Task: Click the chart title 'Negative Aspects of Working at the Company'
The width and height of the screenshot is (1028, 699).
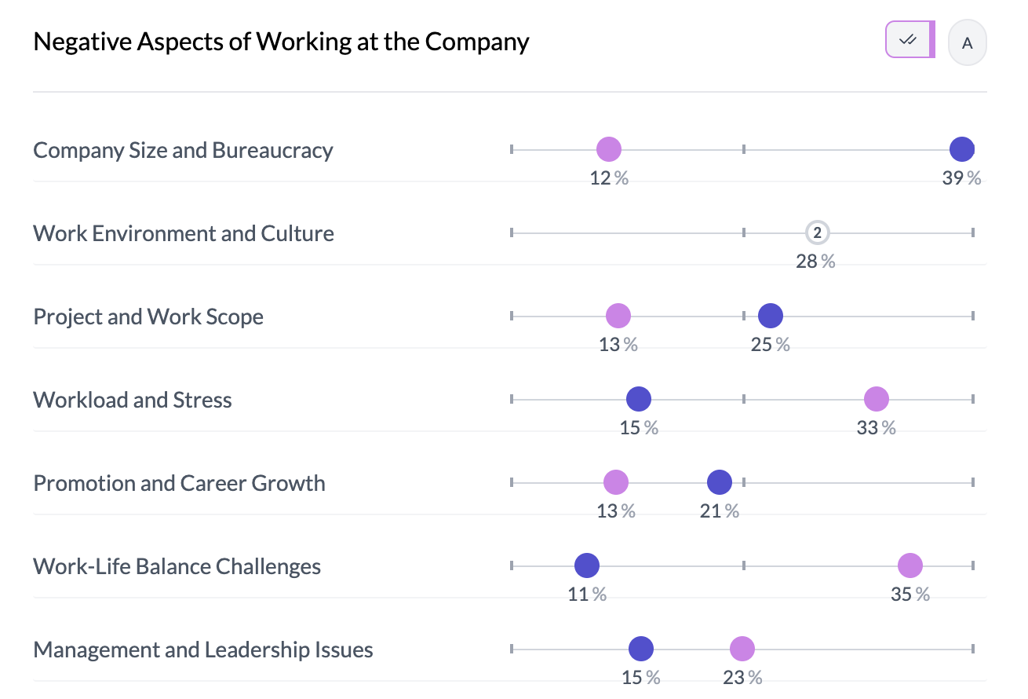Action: (x=281, y=42)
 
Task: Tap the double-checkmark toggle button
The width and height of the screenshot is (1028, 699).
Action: (x=909, y=40)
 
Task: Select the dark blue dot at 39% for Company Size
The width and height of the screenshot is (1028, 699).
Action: (x=961, y=149)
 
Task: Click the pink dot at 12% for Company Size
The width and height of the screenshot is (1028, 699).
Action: (x=608, y=149)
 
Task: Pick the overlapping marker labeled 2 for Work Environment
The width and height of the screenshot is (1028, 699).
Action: (x=817, y=232)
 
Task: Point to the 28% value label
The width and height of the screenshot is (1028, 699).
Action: (x=815, y=262)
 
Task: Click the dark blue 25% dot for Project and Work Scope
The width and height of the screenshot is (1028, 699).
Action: (x=771, y=316)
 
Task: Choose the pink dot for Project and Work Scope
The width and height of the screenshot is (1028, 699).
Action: (x=618, y=316)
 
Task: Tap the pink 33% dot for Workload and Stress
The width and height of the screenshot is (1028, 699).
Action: (x=876, y=399)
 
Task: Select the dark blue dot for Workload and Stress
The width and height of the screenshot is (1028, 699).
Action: (x=639, y=399)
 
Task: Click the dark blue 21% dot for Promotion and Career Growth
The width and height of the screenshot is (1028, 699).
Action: (x=719, y=482)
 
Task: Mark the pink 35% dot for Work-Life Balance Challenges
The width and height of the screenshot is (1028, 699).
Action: (x=910, y=565)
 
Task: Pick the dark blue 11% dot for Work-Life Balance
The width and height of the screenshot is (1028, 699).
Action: (x=586, y=565)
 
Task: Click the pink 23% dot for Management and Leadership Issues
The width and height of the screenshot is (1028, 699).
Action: (x=742, y=649)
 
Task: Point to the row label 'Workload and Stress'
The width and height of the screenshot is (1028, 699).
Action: (x=133, y=400)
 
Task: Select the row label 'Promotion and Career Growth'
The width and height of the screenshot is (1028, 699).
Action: (x=179, y=483)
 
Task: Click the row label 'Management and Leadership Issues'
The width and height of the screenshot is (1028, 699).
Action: (x=203, y=650)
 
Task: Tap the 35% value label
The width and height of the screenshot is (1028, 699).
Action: (x=910, y=595)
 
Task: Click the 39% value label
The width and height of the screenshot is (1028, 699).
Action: (x=961, y=178)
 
